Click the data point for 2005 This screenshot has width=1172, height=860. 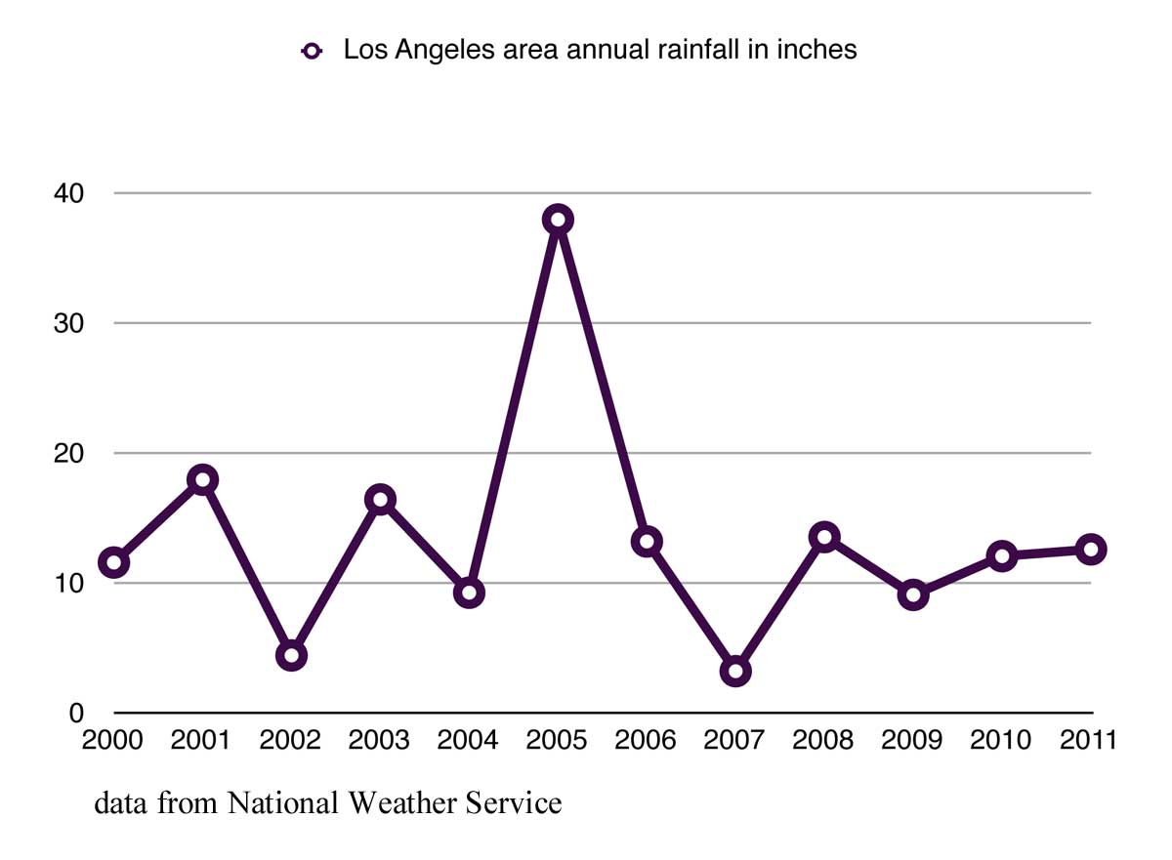click(x=558, y=220)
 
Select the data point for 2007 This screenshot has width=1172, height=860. click(x=735, y=671)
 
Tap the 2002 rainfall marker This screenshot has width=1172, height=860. click(x=291, y=655)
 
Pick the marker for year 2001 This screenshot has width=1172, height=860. click(x=202, y=479)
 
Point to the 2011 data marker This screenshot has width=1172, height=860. click(x=1091, y=550)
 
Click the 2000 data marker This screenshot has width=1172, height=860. click(x=113, y=562)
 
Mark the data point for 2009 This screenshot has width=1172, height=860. click(x=913, y=594)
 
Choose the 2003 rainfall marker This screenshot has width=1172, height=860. click(x=380, y=500)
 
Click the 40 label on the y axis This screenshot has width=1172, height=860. click(x=68, y=193)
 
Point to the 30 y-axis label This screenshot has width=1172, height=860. click(x=68, y=323)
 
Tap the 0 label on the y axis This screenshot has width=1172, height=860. click(x=76, y=714)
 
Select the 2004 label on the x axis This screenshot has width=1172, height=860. click(x=468, y=741)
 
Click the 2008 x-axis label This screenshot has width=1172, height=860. click(x=823, y=741)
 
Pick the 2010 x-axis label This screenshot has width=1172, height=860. click(x=1001, y=741)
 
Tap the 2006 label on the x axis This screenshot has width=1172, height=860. click(x=646, y=741)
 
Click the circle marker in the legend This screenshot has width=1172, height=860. click(x=313, y=52)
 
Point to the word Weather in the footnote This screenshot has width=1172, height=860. click(x=401, y=803)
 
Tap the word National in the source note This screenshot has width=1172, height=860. click(x=284, y=803)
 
